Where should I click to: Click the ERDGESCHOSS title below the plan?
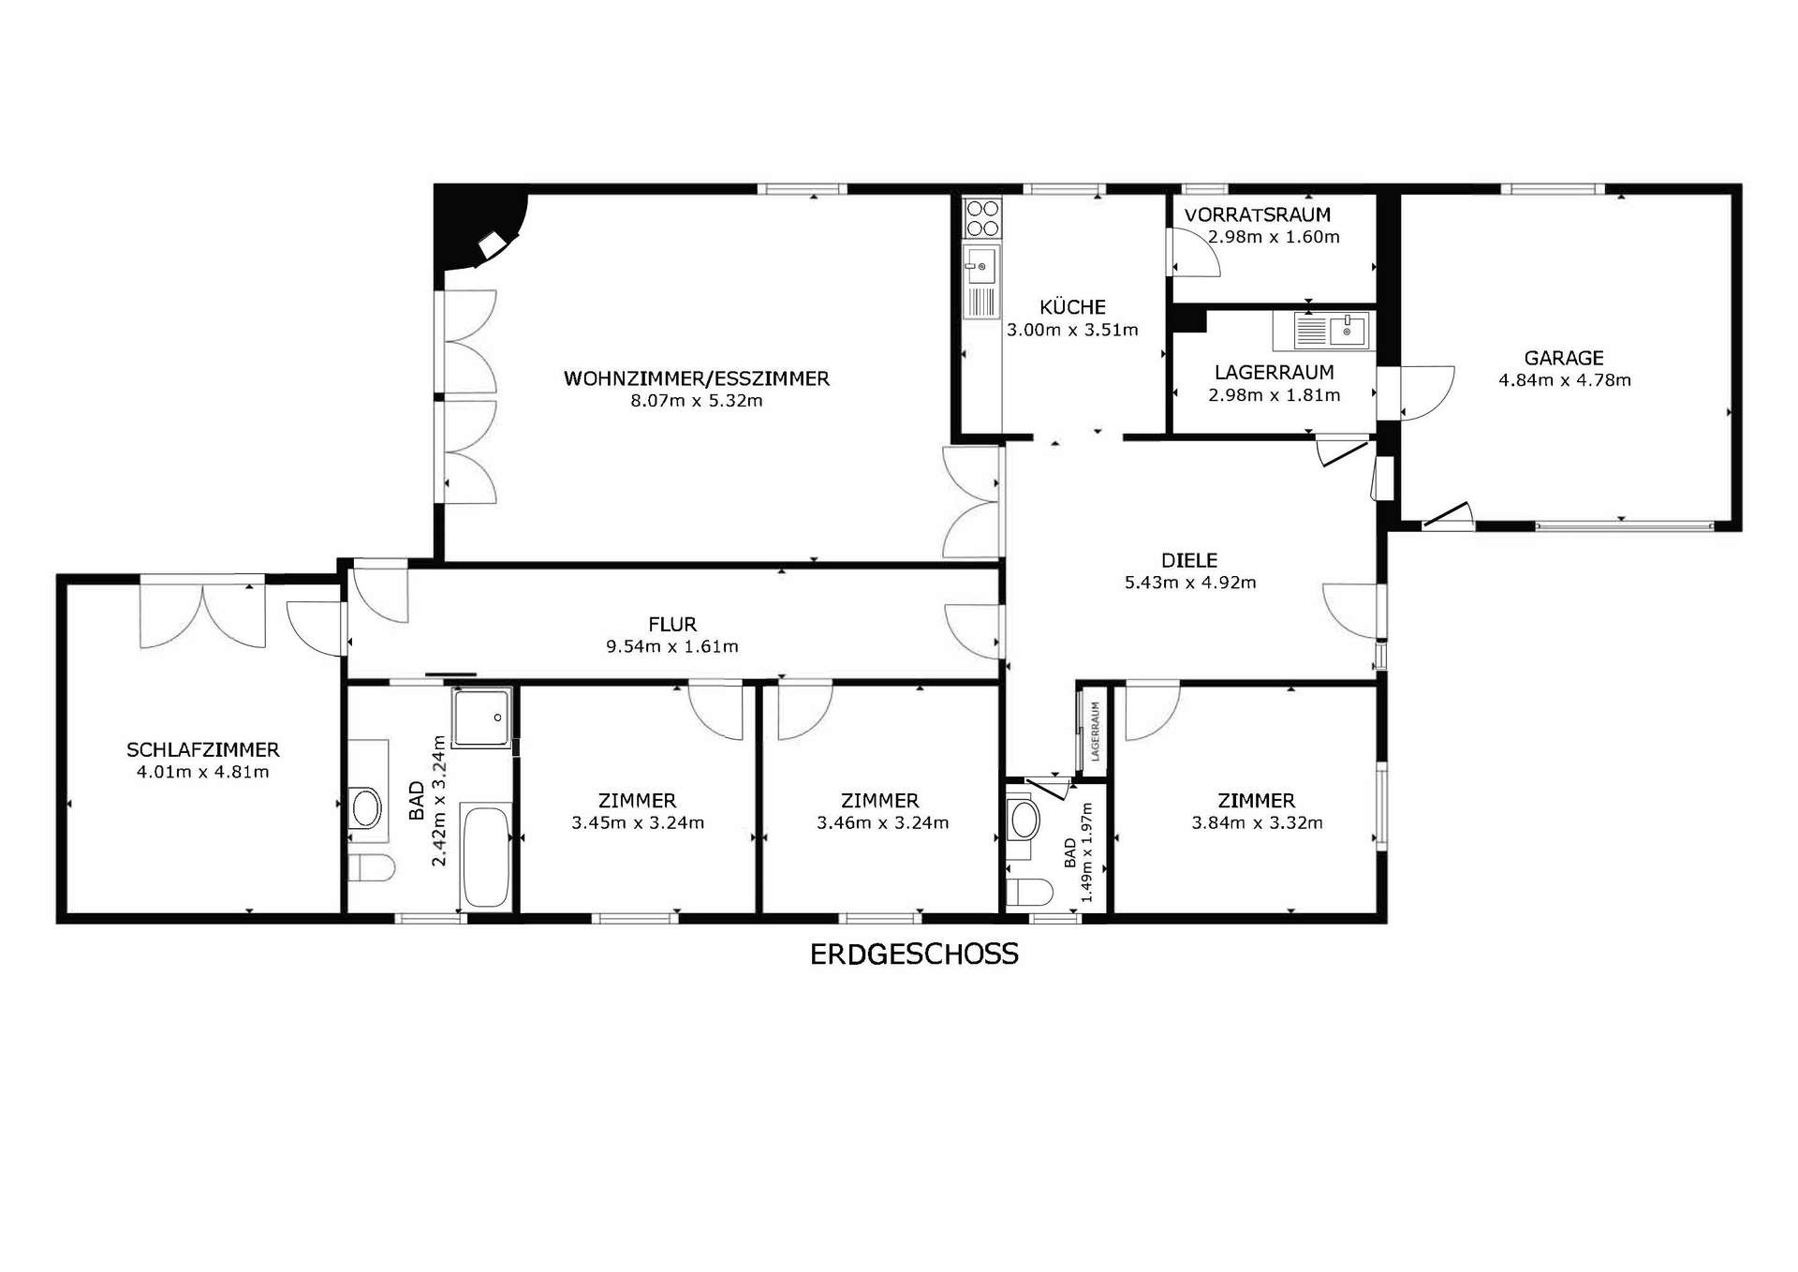[x=914, y=954]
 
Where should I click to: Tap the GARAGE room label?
[x=1564, y=358]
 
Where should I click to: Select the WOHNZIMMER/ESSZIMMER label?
[x=697, y=378]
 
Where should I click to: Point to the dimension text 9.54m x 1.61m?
[x=671, y=646]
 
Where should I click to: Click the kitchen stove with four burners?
[x=982, y=217]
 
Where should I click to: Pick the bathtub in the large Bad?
[x=487, y=858]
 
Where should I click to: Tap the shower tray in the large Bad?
[x=482, y=717]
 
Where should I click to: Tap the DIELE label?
[x=1189, y=560]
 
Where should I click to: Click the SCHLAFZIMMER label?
[x=203, y=750]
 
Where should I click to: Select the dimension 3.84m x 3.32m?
[x=1257, y=823]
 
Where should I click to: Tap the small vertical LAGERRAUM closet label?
[x=1094, y=731]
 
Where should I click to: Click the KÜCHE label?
[x=1072, y=307]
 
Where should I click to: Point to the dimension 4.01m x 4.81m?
[x=202, y=773]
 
